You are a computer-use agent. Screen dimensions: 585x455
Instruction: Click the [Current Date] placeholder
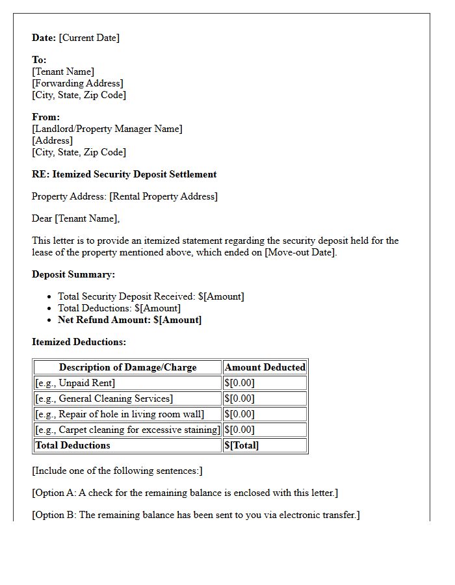click(89, 38)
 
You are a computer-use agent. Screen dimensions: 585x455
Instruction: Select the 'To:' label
click(39, 60)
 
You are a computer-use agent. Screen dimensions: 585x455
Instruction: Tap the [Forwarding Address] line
click(77, 83)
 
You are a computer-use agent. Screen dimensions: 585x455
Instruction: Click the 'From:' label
click(45, 117)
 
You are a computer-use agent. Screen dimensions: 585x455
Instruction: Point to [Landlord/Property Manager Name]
click(107, 129)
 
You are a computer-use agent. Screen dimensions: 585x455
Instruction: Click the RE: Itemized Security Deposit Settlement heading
click(124, 174)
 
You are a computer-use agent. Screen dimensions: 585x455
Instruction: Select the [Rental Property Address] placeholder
click(163, 196)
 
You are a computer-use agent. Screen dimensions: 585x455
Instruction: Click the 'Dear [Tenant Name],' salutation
click(76, 218)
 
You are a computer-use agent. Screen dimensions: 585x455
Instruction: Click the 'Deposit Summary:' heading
click(73, 274)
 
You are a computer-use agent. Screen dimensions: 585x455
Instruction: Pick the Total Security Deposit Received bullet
click(151, 296)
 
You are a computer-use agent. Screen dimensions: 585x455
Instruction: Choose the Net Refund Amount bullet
click(129, 320)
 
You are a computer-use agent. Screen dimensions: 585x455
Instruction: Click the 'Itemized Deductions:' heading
click(79, 342)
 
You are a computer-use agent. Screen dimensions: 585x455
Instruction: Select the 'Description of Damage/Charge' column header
click(127, 367)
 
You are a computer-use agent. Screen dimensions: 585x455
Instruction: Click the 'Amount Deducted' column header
click(265, 367)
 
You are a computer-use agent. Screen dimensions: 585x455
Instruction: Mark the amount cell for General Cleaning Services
click(239, 398)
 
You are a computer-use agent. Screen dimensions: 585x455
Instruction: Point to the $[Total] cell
click(241, 445)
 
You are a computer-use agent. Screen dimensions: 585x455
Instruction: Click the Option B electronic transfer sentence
click(196, 515)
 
